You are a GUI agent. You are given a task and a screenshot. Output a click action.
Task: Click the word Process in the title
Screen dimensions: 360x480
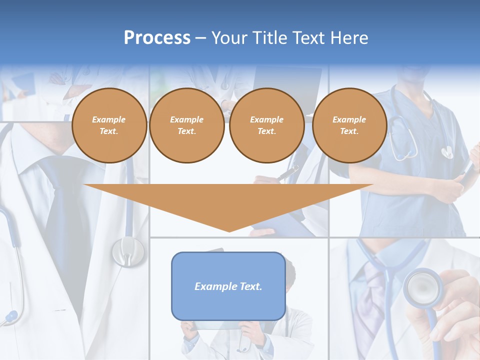[157, 38]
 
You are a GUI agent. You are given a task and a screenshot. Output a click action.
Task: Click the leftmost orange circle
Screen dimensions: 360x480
[109, 125]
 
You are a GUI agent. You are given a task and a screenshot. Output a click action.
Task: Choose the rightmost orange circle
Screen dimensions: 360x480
[349, 125]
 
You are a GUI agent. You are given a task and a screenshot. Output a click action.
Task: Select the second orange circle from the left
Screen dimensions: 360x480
[187, 125]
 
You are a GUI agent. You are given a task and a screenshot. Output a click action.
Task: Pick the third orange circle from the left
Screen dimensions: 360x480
[267, 125]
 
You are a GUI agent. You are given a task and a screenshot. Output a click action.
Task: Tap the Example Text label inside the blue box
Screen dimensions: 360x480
[228, 286]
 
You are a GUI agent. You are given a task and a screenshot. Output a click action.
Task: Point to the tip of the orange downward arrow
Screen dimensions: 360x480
[229, 230]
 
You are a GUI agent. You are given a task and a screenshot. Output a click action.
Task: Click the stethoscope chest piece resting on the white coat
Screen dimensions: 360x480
[128, 251]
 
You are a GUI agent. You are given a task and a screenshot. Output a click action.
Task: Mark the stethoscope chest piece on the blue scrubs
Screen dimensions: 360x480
[446, 151]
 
